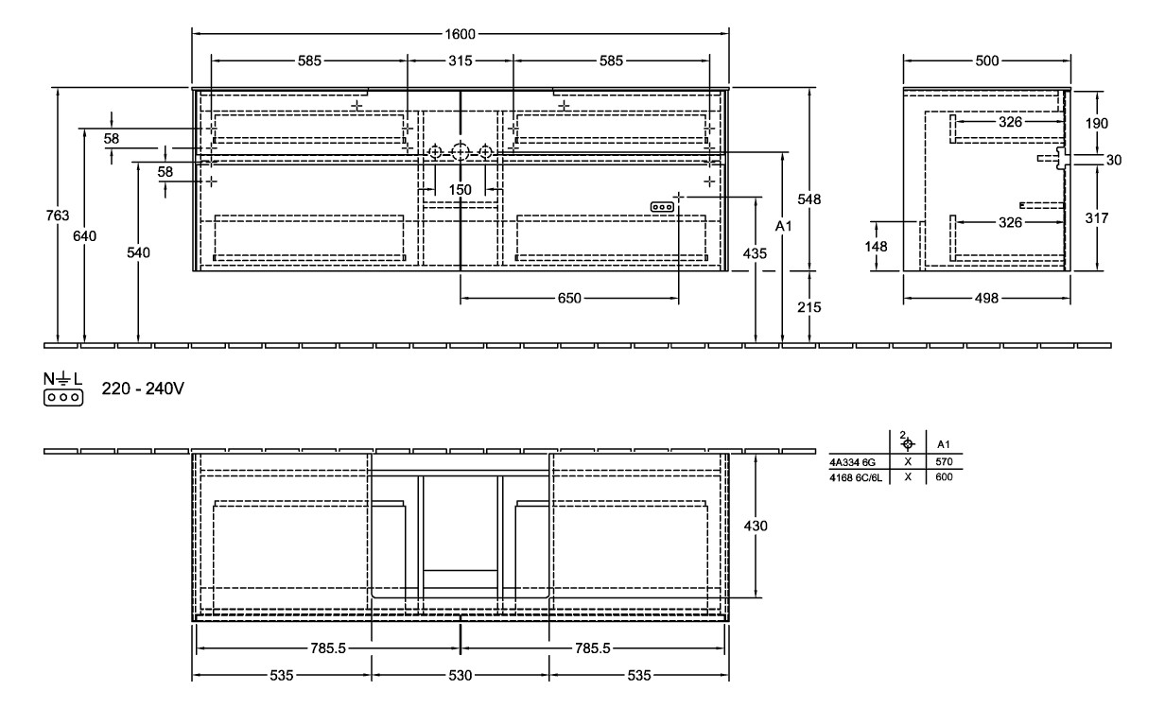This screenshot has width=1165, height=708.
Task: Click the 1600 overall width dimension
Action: (461, 33)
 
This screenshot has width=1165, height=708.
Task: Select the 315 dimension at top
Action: (460, 61)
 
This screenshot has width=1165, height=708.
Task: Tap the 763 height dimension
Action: (58, 216)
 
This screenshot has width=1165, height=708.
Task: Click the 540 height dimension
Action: (139, 252)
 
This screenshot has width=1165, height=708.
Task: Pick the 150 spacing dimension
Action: (460, 190)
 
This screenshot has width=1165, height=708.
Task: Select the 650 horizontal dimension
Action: (569, 298)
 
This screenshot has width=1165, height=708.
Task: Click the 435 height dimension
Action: (755, 253)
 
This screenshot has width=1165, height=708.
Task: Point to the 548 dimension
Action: (809, 199)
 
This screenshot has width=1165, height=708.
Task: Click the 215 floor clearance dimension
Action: (809, 307)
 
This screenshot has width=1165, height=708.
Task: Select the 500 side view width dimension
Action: (987, 61)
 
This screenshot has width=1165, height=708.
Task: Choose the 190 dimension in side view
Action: (1097, 123)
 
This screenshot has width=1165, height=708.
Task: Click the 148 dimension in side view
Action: (877, 246)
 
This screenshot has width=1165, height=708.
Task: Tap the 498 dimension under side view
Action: (987, 298)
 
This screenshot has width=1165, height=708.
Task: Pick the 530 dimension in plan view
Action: (461, 676)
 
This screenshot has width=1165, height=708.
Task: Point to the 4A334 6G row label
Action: (853, 462)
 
